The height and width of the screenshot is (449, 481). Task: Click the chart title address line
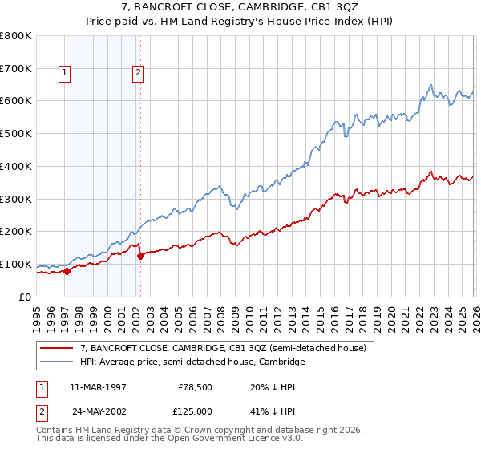[x=240, y=7]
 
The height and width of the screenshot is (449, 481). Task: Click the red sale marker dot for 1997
[x=67, y=271]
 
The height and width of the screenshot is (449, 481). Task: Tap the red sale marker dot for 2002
[x=140, y=257]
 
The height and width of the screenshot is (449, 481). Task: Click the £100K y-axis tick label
[x=15, y=265]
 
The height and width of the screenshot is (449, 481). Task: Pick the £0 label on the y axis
[x=25, y=297]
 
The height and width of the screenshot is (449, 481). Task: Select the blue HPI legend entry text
[x=192, y=362]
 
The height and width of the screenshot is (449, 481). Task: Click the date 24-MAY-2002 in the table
[x=97, y=413]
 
